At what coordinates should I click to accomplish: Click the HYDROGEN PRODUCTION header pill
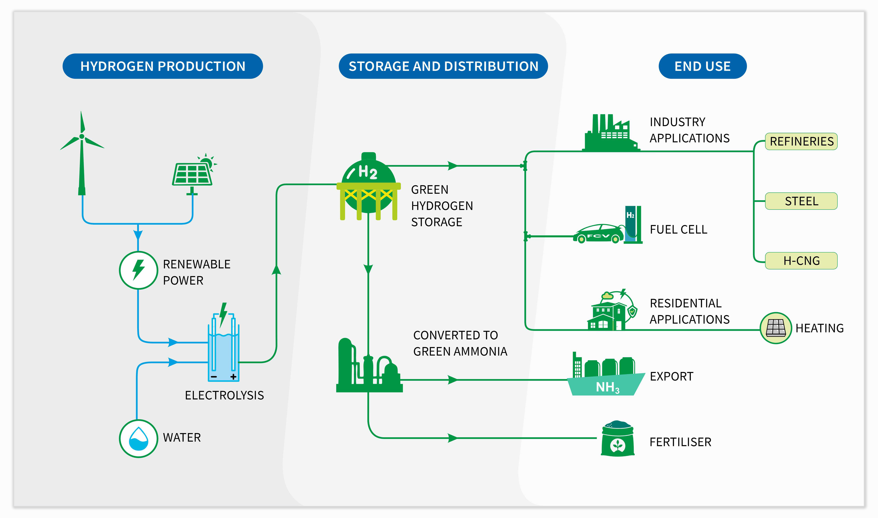[163, 66]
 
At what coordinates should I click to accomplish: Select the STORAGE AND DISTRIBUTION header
[443, 66]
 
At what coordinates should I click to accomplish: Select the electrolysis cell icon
[223, 349]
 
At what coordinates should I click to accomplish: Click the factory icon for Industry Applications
[611, 134]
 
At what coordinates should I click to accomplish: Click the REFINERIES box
[801, 141]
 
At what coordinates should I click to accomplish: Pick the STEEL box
[801, 201]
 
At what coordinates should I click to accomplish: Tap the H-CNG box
[801, 261]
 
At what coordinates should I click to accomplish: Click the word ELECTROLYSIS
[224, 395]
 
